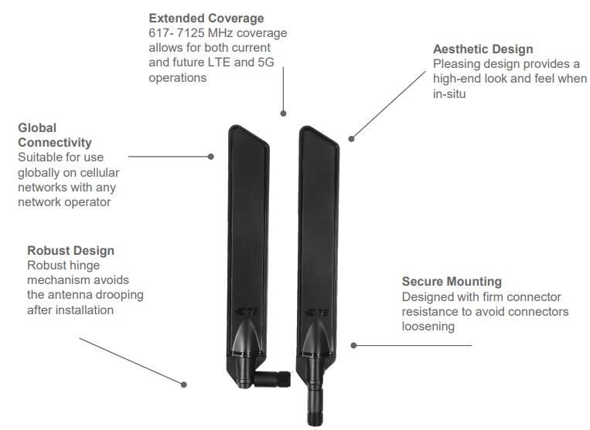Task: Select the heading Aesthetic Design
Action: [x=483, y=49]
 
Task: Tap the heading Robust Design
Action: [x=70, y=250]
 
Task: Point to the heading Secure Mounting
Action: [x=452, y=282]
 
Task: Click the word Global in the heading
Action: [x=37, y=127]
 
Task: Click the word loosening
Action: [x=428, y=327]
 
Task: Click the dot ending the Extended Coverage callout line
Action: [x=284, y=114]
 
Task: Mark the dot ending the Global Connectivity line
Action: [x=211, y=157]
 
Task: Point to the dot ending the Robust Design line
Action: [x=184, y=384]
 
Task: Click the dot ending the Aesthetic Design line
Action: [x=351, y=139]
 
